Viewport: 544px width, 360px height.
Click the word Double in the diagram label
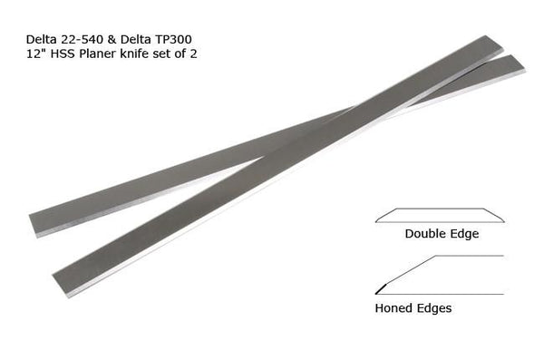click(x=424, y=234)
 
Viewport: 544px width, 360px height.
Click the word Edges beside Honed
click(x=434, y=308)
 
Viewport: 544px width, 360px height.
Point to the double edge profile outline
click(x=439, y=215)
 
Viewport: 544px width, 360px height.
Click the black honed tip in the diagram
click(x=379, y=289)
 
